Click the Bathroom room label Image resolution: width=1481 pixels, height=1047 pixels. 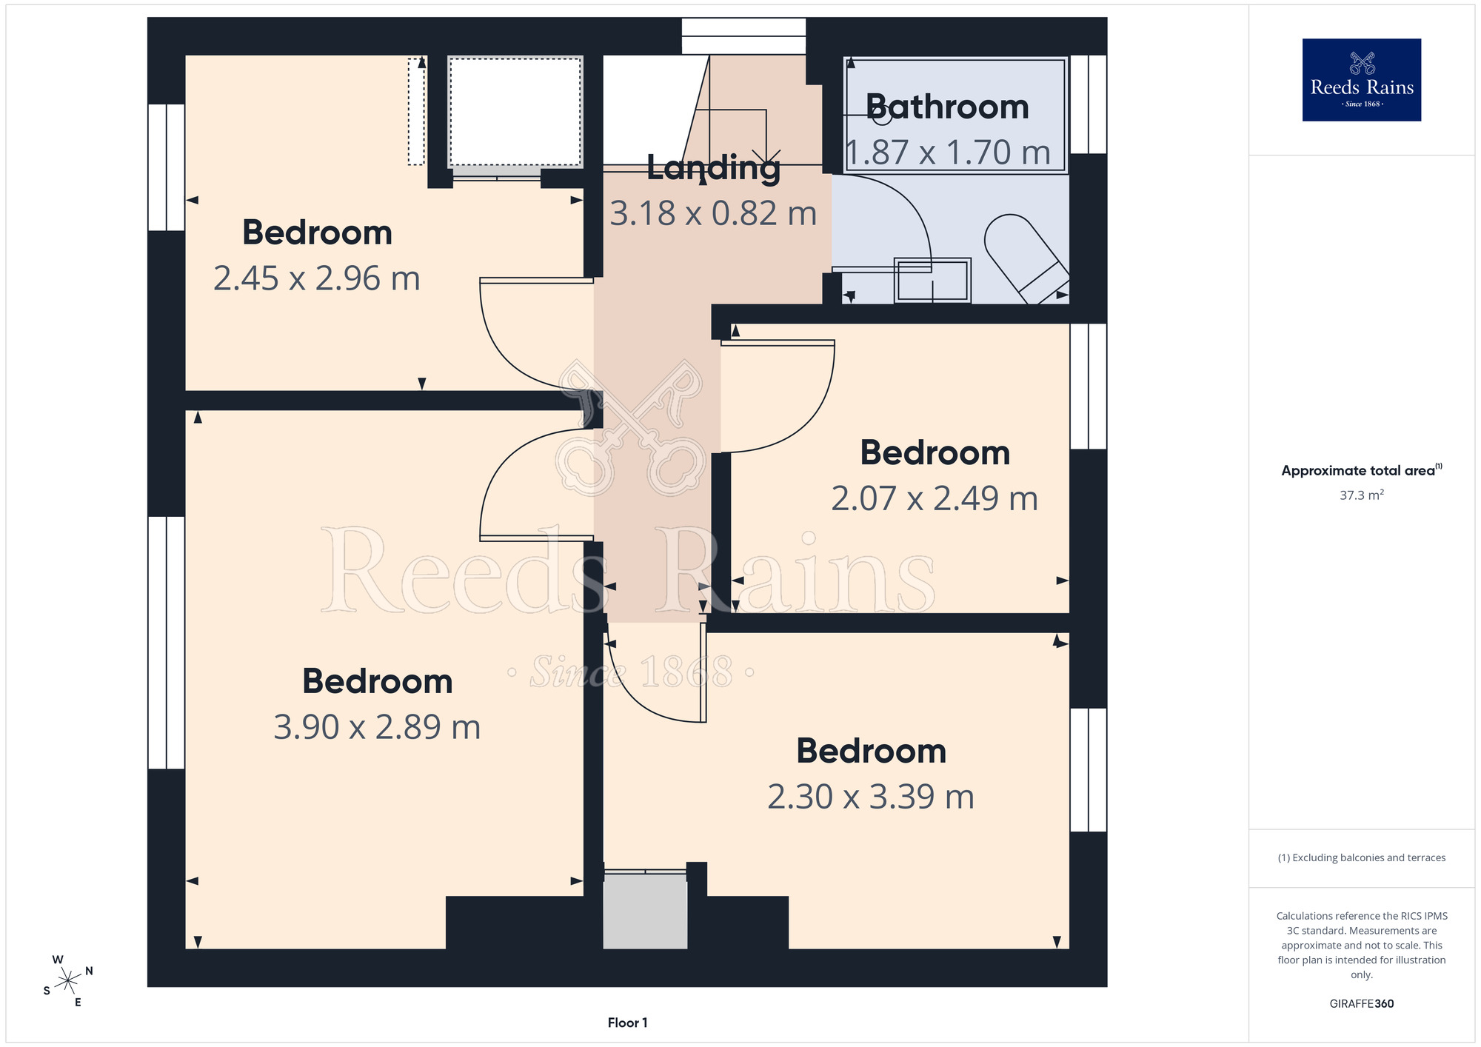point(947,107)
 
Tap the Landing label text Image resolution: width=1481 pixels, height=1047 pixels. point(713,169)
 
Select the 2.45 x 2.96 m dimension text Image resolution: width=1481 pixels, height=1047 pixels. point(317,278)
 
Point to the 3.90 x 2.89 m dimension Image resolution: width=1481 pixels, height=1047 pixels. point(377,727)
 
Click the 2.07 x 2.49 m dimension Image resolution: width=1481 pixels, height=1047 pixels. point(935,498)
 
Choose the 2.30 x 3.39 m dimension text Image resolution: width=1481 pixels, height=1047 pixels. point(871,797)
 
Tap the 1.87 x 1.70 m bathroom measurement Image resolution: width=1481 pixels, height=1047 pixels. point(949,153)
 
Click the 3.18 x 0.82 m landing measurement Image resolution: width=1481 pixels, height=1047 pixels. point(713,213)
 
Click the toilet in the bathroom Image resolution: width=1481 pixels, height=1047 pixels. point(1026,258)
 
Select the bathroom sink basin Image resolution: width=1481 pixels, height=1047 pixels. point(932,280)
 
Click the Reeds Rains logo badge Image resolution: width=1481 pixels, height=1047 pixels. point(1361,80)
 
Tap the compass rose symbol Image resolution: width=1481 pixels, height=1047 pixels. point(67,981)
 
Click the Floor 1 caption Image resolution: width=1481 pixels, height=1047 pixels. point(627,1023)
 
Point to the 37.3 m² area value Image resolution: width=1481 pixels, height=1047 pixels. point(1361,495)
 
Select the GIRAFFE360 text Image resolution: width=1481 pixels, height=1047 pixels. point(1361,1004)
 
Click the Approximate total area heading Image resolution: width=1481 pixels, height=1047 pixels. point(1361,470)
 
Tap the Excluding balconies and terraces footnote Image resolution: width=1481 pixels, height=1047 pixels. point(1361,857)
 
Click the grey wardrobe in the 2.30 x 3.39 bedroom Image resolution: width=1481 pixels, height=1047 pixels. point(645,910)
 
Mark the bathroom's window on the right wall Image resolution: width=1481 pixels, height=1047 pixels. point(1089,104)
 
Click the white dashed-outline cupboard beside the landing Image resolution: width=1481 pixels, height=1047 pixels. point(515,112)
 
